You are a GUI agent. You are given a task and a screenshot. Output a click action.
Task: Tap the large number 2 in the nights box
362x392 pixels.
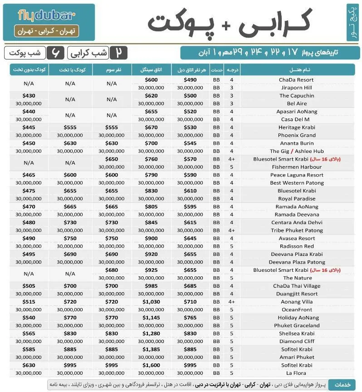tap(118, 53)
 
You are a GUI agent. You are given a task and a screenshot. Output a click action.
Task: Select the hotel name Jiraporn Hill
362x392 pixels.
tap(296, 88)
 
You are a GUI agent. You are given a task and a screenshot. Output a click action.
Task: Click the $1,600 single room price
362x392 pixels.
tap(151, 365)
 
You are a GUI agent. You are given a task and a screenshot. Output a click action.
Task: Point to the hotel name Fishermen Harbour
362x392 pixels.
tap(296, 167)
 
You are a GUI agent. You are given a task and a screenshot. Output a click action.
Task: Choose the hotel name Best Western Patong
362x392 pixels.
tap(296, 183)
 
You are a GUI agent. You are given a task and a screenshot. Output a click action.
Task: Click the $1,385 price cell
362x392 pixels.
tap(151, 349)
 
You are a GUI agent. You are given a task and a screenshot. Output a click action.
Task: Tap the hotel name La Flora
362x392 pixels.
tap(296, 373)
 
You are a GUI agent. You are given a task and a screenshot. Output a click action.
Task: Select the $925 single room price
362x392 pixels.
tap(151, 270)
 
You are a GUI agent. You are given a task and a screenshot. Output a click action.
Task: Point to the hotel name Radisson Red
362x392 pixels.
tap(296, 246)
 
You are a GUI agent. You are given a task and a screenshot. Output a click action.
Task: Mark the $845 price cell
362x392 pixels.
tap(151, 222)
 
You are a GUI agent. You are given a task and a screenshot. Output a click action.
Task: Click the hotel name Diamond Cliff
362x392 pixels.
tap(296, 342)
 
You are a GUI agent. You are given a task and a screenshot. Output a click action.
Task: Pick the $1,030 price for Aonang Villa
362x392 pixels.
tap(151, 302)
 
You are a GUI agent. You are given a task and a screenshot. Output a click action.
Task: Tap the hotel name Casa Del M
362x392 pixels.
tap(296, 119)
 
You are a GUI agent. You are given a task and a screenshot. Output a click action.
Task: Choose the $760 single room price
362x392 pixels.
tap(151, 159)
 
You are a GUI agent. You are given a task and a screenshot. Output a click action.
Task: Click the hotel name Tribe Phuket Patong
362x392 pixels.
tap(296, 230)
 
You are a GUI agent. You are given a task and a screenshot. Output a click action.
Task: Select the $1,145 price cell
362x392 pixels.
tap(151, 318)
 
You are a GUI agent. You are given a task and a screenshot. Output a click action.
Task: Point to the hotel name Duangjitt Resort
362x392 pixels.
tap(296, 294)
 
